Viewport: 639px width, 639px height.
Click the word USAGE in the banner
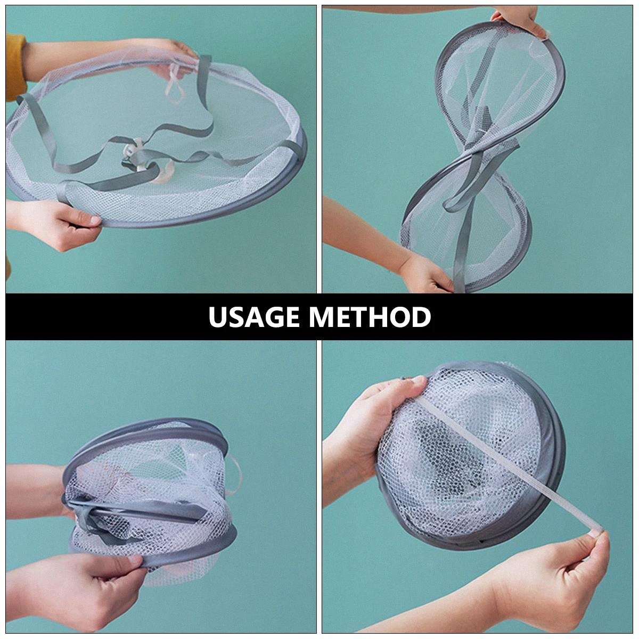[255, 317]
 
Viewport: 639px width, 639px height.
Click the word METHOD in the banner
[370, 317]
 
